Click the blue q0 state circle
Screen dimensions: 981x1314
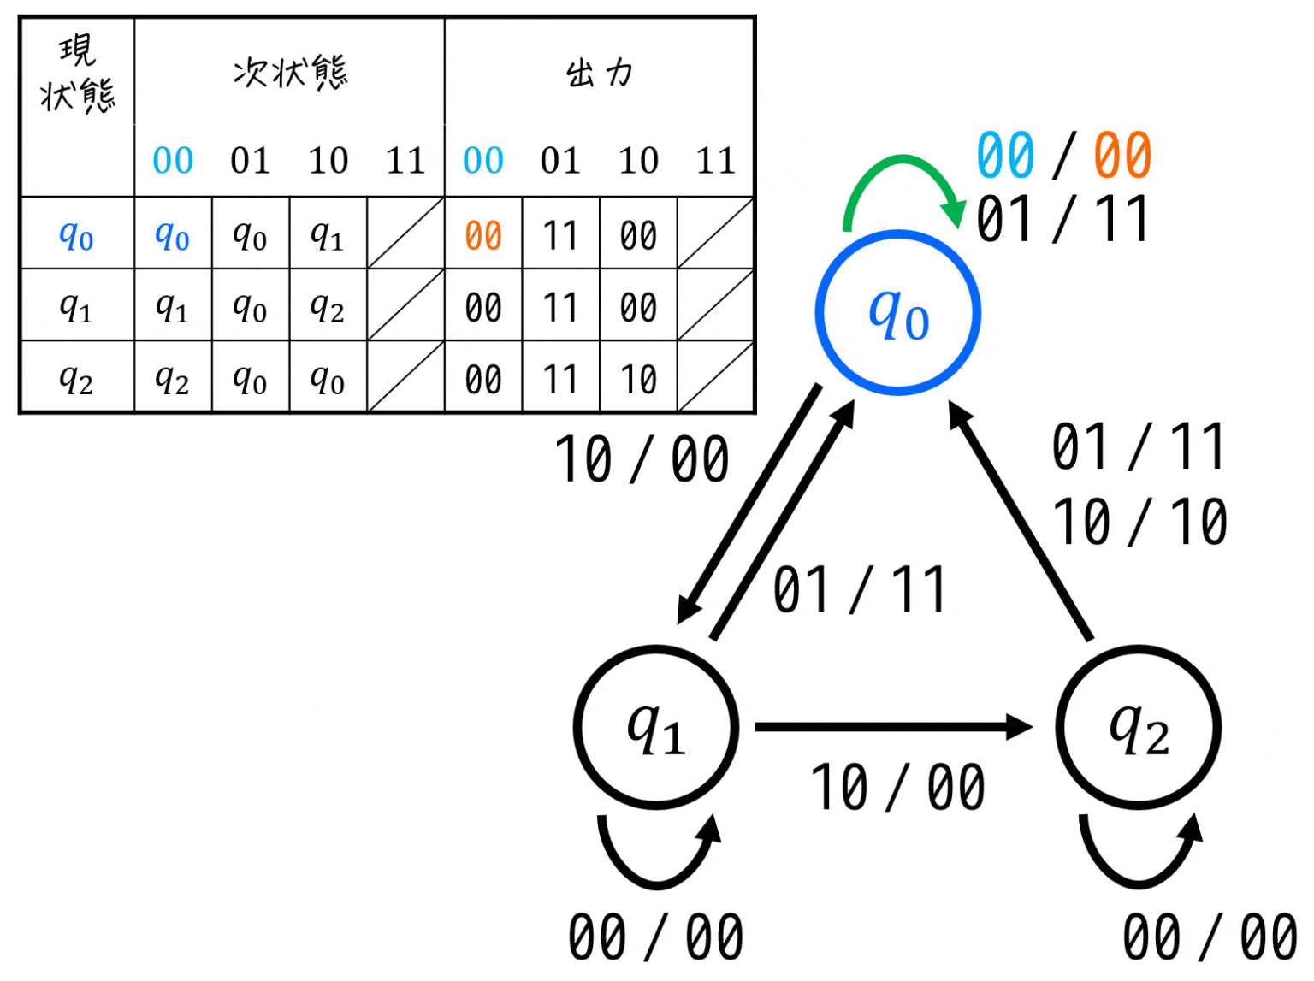click(x=897, y=313)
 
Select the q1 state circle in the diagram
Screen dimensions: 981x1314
click(x=656, y=727)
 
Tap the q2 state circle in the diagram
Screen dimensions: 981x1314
click(x=1139, y=727)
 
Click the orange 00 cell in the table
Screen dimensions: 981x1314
click(x=483, y=235)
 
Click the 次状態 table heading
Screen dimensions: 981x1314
click(x=290, y=73)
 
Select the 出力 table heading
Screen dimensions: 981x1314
click(x=599, y=74)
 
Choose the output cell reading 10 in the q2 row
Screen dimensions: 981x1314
click(x=638, y=379)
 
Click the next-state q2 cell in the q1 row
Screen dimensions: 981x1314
click(x=328, y=307)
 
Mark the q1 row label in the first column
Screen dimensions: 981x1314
click(x=76, y=307)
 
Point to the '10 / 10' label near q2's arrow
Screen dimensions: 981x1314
click(x=1140, y=522)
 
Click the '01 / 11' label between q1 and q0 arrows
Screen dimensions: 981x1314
click(x=860, y=589)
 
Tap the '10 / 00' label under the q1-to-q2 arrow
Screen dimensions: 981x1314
click(x=898, y=788)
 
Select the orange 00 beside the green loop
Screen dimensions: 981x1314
click(x=1122, y=156)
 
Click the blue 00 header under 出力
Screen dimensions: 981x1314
click(x=483, y=160)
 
